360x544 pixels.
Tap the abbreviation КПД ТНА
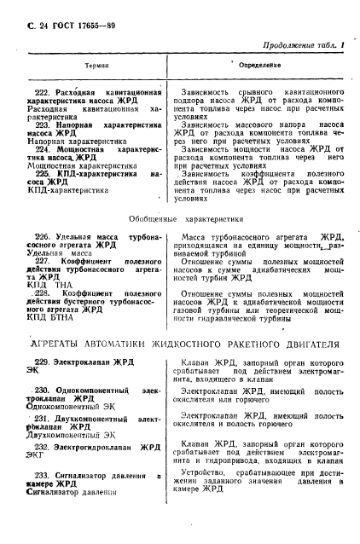coord(49,284)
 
